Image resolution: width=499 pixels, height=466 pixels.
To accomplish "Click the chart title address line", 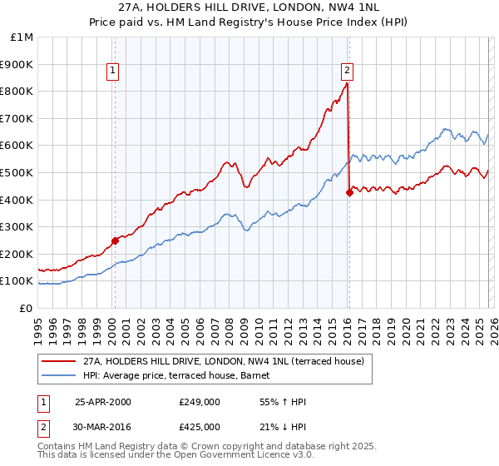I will point(249,8).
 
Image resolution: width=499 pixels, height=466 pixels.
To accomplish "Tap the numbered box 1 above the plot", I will point(113,72).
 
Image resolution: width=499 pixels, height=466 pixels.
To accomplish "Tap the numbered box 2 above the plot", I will point(347,72).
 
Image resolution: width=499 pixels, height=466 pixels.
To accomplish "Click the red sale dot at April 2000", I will point(115,241).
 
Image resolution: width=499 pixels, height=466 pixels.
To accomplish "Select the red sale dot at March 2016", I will point(349,193).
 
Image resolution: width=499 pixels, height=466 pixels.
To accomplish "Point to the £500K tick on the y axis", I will point(20,172).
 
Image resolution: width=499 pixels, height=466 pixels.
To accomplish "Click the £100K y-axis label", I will point(20,281).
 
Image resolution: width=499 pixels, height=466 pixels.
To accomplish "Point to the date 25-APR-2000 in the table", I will point(103,402).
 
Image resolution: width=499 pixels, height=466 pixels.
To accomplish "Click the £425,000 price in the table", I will point(200,426).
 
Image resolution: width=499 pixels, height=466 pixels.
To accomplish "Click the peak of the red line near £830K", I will point(347,83).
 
